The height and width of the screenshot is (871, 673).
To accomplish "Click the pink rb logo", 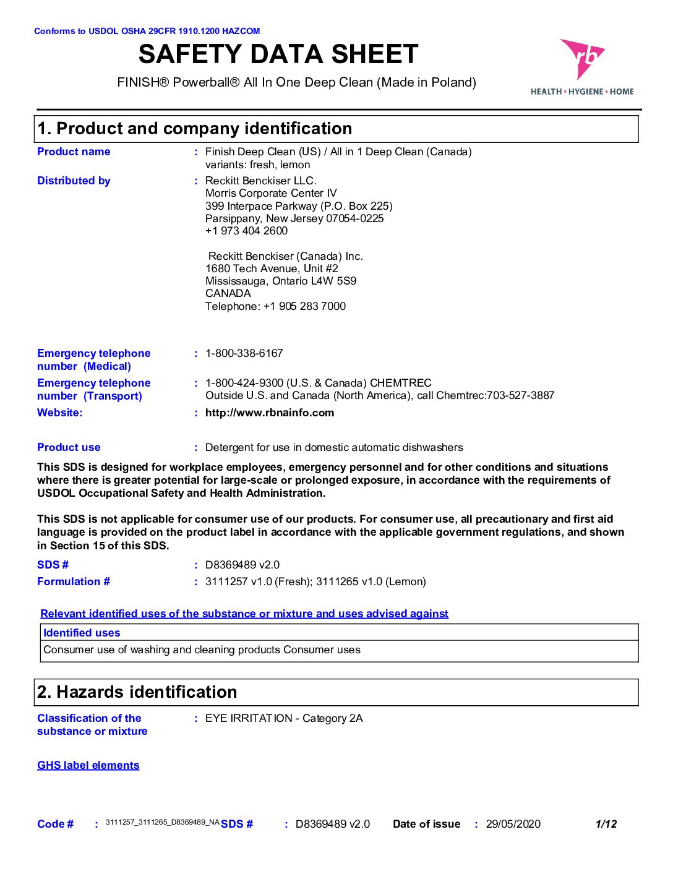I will (x=581, y=59).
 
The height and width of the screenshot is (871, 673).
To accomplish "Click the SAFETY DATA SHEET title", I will (x=278, y=54).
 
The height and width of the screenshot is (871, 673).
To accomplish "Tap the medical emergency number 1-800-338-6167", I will (x=244, y=353).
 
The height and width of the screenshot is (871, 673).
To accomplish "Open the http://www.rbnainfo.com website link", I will (x=270, y=413).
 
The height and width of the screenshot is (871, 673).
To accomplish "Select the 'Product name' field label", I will (x=74, y=152).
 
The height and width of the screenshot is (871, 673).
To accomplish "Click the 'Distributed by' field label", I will (x=74, y=181).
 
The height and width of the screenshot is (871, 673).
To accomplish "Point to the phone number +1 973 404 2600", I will (x=246, y=231).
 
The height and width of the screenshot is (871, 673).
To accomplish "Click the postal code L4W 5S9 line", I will (x=281, y=281).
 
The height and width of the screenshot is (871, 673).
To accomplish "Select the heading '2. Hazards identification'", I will (x=137, y=692).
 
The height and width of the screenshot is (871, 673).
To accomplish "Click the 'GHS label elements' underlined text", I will (x=88, y=765).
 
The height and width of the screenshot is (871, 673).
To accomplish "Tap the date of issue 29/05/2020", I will (x=513, y=824).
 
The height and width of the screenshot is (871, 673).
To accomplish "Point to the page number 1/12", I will (x=606, y=824).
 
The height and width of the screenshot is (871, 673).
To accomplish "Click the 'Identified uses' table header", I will (x=82, y=633).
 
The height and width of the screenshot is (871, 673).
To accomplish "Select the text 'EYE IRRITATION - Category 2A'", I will (x=284, y=718).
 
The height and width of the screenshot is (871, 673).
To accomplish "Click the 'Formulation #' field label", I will (x=74, y=581).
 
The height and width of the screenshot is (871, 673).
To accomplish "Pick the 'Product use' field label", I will (x=69, y=447).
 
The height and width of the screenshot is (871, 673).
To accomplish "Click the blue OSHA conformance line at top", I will (x=147, y=31).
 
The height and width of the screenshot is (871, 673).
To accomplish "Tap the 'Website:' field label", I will (x=59, y=413).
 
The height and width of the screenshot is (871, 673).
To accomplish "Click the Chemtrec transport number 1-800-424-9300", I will (x=244, y=383).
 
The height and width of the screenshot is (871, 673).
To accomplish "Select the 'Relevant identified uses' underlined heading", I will (x=244, y=614).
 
